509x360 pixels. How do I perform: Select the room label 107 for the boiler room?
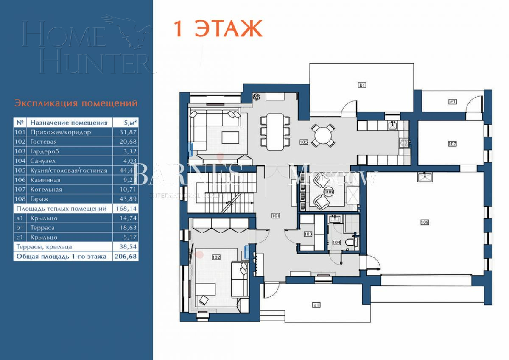(452, 144)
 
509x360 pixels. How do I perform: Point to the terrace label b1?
(362, 85)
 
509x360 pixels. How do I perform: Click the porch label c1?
(453, 101)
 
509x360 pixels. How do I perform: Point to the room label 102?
(216, 257)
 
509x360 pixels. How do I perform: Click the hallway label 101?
(276, 216)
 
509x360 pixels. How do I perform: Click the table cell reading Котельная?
(46, 190)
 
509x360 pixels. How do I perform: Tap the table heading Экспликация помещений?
(76, 103)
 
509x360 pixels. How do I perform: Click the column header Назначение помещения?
(69, 123)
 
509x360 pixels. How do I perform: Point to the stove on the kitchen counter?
(403, 143)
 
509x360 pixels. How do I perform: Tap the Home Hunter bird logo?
(127, 30)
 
